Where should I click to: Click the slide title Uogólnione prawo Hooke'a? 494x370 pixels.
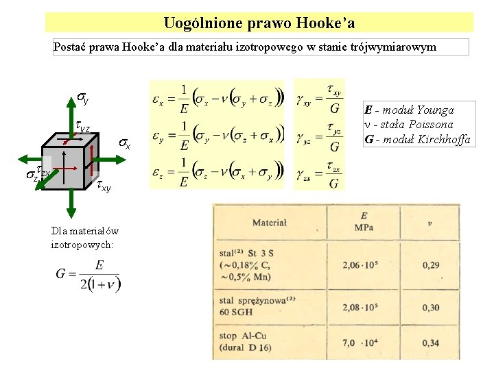click(x=259, y=23)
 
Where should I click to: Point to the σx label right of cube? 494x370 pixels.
click(x=123, y=144)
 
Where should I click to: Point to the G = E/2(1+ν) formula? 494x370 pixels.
click(x=88, y=275)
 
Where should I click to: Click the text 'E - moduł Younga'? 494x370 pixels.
click(x=409, y=110)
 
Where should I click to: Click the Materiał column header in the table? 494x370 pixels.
click(x=270, y=222)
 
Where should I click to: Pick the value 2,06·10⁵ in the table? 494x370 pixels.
click(x=363, y=264)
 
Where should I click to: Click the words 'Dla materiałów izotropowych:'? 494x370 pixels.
click(x=84, y=237)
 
